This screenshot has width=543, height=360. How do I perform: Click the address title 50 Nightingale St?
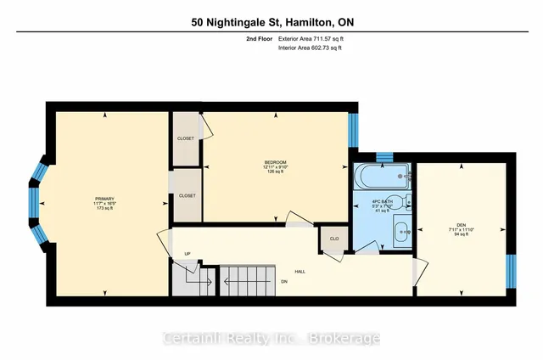pos(271,22)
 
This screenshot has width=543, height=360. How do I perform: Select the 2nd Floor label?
pos(257,39)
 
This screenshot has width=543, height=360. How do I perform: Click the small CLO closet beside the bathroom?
pos(333,239)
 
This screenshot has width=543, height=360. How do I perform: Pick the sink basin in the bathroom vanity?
pos(403,229)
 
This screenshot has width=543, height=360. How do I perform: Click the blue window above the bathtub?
pos(383,156)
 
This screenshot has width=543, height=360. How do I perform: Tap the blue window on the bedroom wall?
pos(354,132)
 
